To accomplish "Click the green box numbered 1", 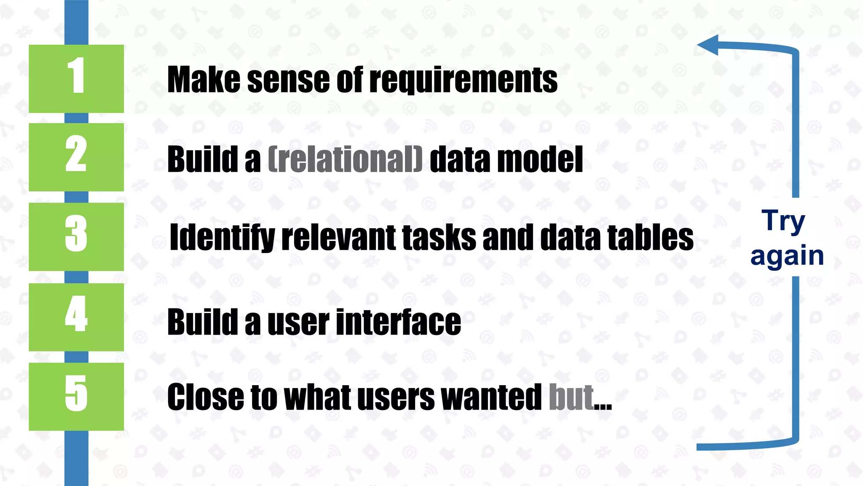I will click(76, 78).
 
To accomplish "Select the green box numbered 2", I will click(76, 157).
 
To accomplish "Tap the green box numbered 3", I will click(76, 236).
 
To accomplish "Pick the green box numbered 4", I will click(76, 316).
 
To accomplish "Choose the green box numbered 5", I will click(76, 396).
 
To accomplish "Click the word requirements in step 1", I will click(463, 80).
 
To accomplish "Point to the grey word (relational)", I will click(345, 159).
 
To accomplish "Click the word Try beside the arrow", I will click(783, 221).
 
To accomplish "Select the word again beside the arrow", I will click(787, 256).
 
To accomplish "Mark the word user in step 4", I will click(298, 322).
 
